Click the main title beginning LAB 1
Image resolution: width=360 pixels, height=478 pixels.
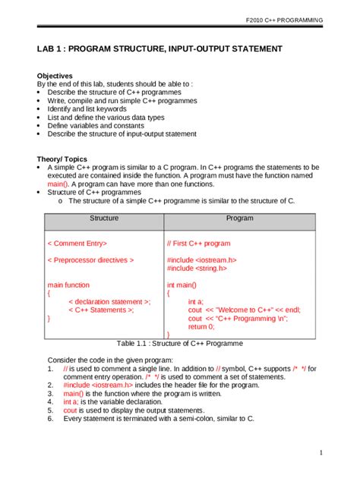(159, 49)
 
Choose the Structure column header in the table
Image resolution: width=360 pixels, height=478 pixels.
(104, 218)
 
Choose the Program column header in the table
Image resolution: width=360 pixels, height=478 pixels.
(239, 218)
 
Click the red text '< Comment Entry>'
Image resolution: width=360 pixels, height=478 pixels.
(77, 244)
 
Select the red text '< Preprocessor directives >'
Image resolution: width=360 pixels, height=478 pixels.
(90, 260)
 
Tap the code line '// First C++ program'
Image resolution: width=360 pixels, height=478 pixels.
(198, 244)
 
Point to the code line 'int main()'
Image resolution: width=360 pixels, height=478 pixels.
(182, 285)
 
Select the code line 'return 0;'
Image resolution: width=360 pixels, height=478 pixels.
(201, 326)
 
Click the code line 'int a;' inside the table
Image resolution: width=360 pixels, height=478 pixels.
(196, 301)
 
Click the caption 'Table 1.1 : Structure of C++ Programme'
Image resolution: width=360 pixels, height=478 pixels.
(180, 343)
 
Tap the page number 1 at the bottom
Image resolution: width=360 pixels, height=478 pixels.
(321, 453)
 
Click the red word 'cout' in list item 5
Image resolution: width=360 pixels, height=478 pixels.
(71, 410)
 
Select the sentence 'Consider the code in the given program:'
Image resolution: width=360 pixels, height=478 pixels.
(110, 360)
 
